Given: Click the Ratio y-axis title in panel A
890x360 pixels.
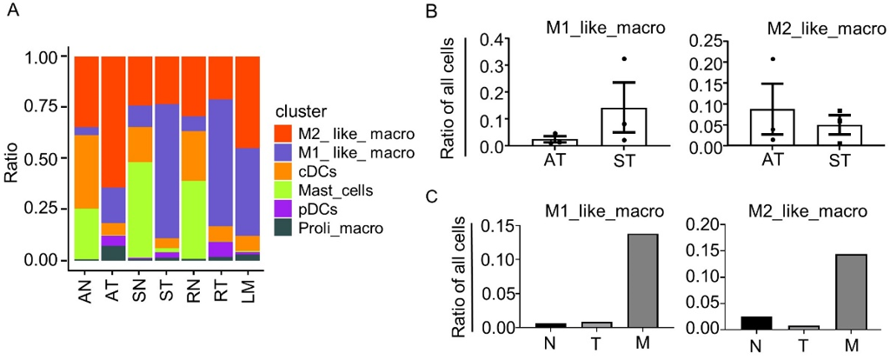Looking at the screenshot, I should [13, 157].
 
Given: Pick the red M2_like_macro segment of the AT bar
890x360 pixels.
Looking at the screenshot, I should [114, 122].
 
